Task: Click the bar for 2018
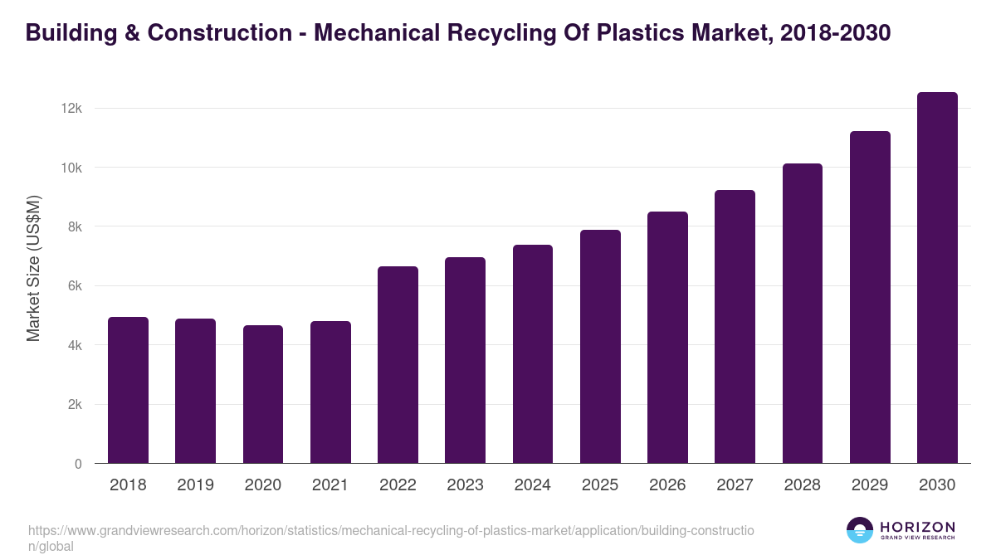[128, 390]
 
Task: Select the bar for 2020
[263, 394]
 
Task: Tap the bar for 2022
[398, 365]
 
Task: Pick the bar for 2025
[600, 347]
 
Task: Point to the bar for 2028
[803, 314]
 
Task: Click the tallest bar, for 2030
[937, 278]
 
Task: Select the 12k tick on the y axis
[71, 109]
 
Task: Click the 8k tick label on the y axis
[74, 226]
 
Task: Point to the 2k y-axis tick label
[74, 405]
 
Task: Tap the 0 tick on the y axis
[78, 464]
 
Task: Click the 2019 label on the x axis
[195, 485]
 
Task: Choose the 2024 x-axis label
[532, 485]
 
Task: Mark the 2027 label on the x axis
[735, 485]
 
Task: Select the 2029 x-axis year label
[870, 485]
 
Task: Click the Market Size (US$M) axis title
[33, 268]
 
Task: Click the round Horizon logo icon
[860, 530]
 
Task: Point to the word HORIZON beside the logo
[917, 527]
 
